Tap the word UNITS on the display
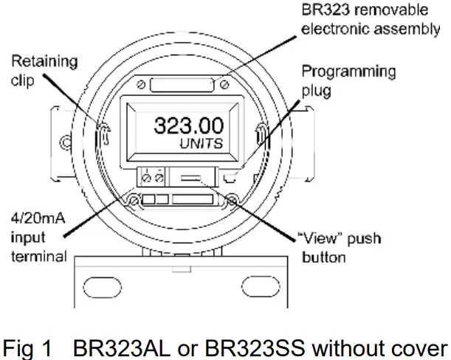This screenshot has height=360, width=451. pyautogui.click(x=200, y=145)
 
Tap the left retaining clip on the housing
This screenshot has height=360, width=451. pyautogui.click(x=106, y=134)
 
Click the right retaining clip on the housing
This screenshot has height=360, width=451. pyautogui.click(x=262, y=135)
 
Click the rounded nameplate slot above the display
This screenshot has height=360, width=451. pyautogui.click(x=184, y=87)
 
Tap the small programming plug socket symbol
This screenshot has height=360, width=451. pyautogui.click(x=231, y=177)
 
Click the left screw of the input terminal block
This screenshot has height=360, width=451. pyautogui.click(x=148, y=177)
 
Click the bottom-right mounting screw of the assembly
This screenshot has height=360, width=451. pyautogui.click(x=233, y=200)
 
